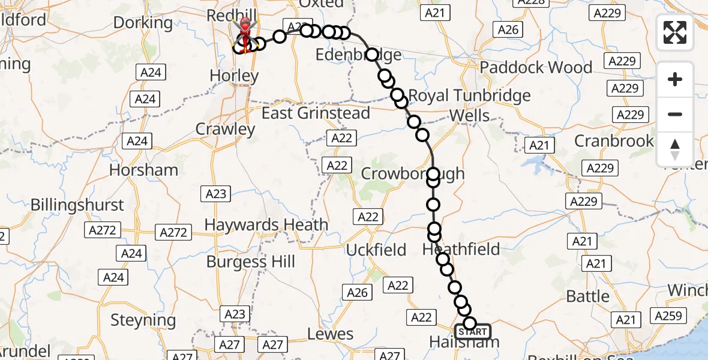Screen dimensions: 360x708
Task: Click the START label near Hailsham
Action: click(x=473, y=332)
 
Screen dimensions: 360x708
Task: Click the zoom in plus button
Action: click(x=675, y=79)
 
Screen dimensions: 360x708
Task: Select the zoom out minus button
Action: click(x=675, y=114)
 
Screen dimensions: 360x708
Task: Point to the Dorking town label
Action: click(x=143, y=23)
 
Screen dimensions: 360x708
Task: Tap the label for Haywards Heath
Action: click(x=266, y=225)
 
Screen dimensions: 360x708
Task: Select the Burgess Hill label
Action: click(x=251, y=262)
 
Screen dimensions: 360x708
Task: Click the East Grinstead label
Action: click(x=316, y=113)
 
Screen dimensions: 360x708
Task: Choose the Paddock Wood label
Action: click(x=536, y=67)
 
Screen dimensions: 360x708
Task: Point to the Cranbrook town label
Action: click(x=614, y=141)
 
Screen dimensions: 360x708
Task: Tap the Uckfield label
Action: click(x=376, y=250)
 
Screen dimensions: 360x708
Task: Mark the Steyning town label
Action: click(x=143, y=321)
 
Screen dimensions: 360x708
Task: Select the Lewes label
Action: click(x=330, y=334)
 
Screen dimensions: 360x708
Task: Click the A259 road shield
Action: click(x=668, y=316)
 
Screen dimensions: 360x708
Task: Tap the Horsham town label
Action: click(x=143, y=170)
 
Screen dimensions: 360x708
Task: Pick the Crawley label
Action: click(x=226, y=129)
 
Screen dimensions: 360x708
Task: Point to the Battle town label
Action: click(x=588, y=296)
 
